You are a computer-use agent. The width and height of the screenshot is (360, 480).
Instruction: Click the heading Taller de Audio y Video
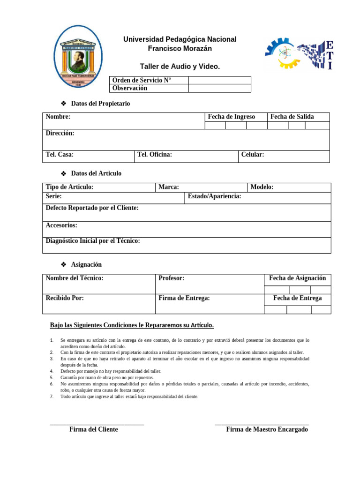tap(180, 67)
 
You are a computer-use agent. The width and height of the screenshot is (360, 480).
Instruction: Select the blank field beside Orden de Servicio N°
tap(219, 80)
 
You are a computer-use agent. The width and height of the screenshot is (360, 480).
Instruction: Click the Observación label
tap(130, 88)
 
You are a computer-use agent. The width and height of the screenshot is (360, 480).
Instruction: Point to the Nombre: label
tap(58, 117)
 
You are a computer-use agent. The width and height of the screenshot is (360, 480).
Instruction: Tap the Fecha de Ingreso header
tap(232, 117)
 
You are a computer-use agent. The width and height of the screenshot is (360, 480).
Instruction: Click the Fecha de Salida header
tap(292, 117)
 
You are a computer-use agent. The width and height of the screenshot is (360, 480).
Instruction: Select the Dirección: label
tap(60, 134)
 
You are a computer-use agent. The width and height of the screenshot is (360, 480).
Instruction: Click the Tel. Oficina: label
tap(155, 155)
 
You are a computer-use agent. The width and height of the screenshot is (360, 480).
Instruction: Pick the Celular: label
tap(253, 155)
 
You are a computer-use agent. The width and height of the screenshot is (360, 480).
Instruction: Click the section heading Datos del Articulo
tap(96, 173)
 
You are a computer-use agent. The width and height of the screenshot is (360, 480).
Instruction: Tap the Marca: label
tap(169, 187)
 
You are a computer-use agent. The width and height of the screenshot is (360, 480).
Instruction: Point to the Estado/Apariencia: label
tap(214, 196)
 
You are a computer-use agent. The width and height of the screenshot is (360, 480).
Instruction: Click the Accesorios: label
tap(61, 225)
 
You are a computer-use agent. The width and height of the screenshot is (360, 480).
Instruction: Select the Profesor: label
tap(172, 278)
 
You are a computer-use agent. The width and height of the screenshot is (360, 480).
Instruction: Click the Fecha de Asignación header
tap(297, 278)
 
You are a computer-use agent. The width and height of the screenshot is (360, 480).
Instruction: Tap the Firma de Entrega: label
tap(184, 298)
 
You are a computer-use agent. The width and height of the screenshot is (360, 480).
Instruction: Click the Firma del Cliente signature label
tap(94, 429)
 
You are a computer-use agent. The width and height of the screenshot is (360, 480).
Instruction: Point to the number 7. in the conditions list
tap(52, 397)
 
